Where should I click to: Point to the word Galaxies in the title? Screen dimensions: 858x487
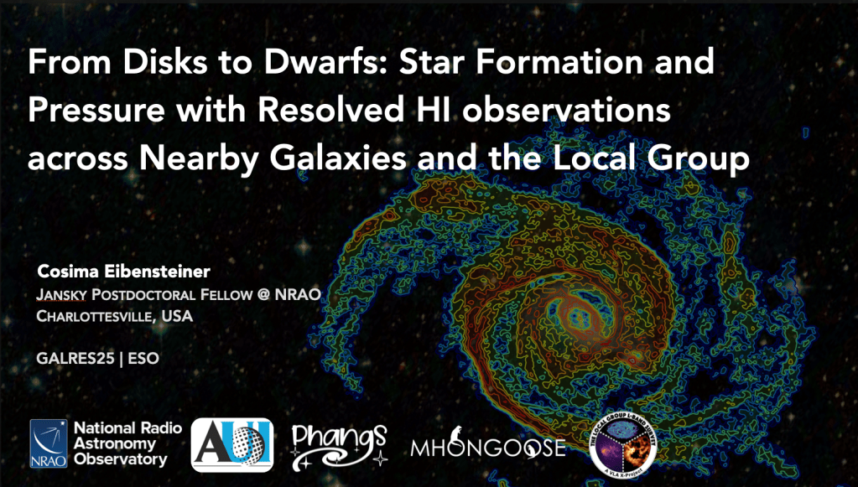coord(338,158)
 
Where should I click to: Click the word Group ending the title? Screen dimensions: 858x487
coord(698,159)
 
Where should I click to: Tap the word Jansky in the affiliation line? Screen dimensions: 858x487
coord(61,294)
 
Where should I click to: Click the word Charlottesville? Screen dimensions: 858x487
coord(96,316)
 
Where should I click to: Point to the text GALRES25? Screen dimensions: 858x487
coord(75,359)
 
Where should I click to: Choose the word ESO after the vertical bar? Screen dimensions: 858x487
coord(143,359)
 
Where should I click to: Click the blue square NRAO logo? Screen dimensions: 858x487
coord(49,443)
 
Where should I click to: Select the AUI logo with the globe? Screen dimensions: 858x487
coord(232,445)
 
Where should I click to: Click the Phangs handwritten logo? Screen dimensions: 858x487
coord(340,445)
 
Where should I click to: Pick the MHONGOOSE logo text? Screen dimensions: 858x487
coord(487,447)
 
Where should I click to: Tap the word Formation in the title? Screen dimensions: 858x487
coord(559,61)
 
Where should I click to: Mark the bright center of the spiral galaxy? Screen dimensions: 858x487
coord(575,317)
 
